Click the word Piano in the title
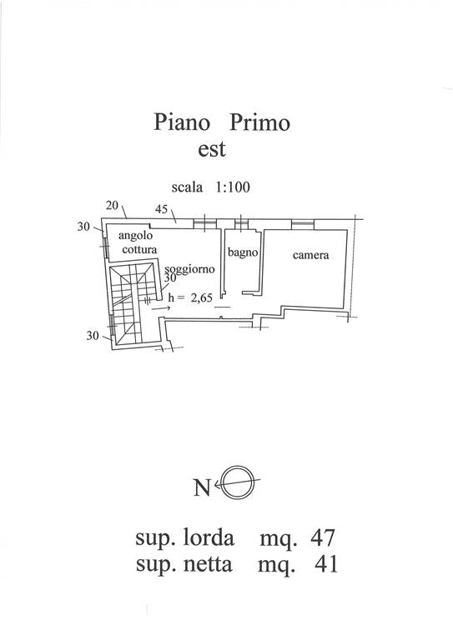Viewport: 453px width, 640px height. click(x=182, y=122)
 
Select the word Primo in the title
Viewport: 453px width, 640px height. click(x=259, y=122)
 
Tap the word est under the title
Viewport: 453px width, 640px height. click(x=212, y=149)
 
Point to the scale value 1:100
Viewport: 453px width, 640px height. click(x=233, y=187)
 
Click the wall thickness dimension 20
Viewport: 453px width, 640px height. click(x=112, y=205)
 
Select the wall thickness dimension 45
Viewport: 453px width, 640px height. click(x=162, y=209)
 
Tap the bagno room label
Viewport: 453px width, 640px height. click(x=243, y=252)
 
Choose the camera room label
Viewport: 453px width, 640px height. click(x=311, y=255)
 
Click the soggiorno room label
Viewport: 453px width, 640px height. click(x=189, y=269)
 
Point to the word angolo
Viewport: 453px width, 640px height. click(x=135, y=236)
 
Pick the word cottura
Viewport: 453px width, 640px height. click(x=139, y=249)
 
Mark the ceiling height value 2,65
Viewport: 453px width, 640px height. click(x=202, y=298)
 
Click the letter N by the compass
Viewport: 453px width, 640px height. click(x=202, y=487)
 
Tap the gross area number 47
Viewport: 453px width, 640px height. click(x=322, y=537)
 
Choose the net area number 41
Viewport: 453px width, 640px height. click(x=326, y=564)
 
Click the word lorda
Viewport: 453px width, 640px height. click(x=209, y=537)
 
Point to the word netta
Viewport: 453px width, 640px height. click(x=208, y=564)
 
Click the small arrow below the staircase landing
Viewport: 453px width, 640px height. click(x=161, y=309)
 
